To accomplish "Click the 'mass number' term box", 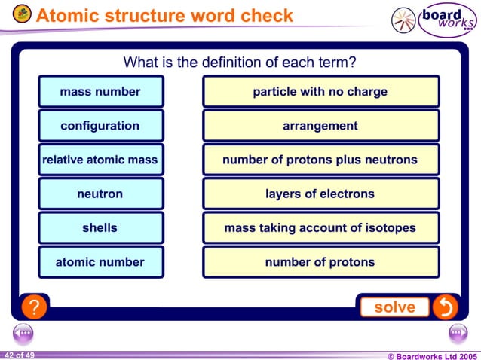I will coord(100,92).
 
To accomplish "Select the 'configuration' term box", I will coord(100,126).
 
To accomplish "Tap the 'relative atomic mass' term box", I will coord(100,160).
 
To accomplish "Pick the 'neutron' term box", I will coord(100,194).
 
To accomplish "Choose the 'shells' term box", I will coord(100,228).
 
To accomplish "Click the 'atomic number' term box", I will coord(100,262).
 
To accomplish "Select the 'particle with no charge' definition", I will coord(320,92).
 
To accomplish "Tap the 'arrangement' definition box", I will coord(320,126).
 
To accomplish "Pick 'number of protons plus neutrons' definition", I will coord(320,160).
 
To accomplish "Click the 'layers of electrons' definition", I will coord(320,194).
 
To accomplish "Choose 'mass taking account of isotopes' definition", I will coord(320,228).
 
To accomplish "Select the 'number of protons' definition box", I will coord(320,262).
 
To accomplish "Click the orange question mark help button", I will coord(32,307).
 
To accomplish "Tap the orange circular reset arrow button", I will coord(445,307).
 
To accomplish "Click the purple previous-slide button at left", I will coord(23,332).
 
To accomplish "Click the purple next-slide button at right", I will coord(458,332).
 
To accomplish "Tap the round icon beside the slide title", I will coord(22,14).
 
